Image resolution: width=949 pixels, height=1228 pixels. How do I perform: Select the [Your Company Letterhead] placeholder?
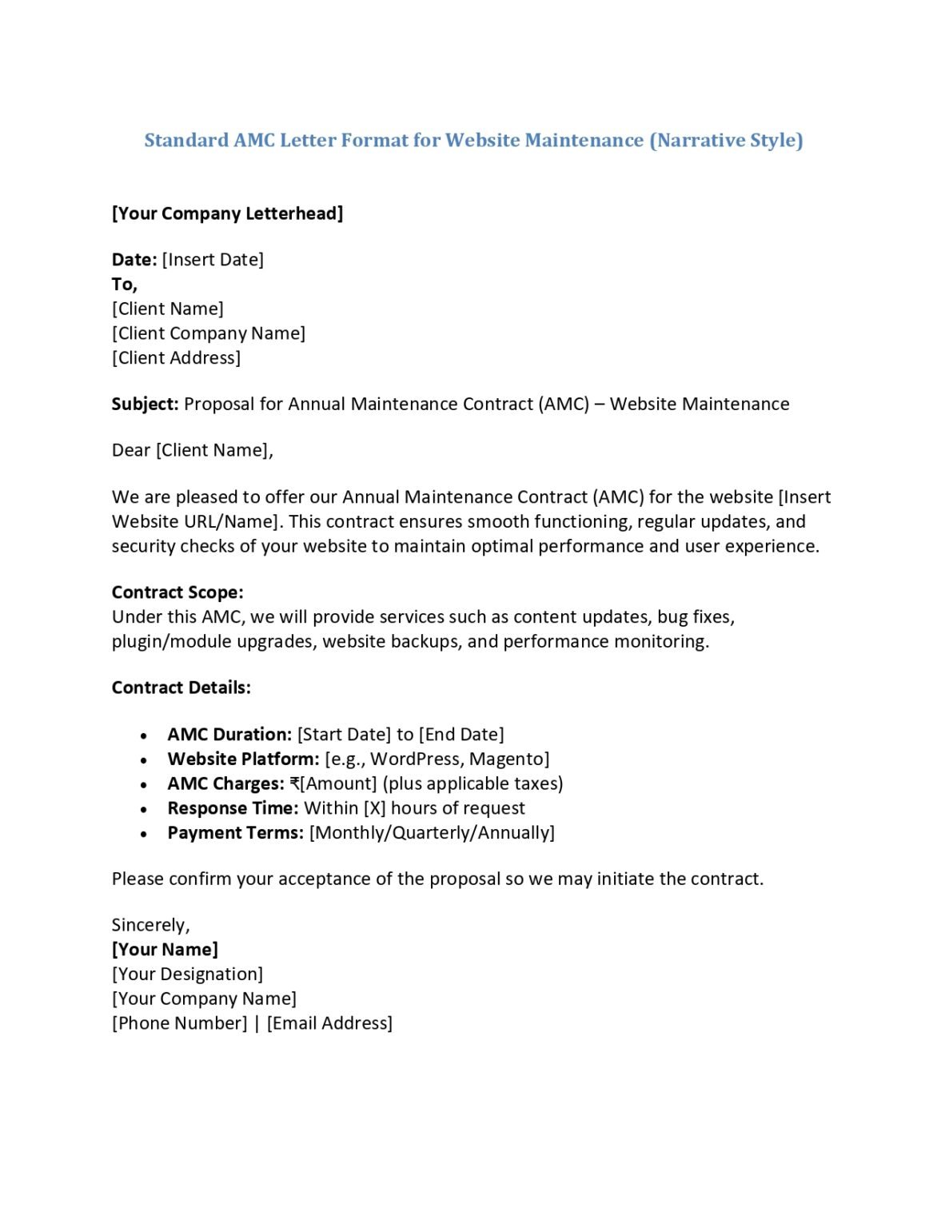pyautogui.click(x=227, y=213)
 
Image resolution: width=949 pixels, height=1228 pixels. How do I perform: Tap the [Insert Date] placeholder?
pyautogui.click(x=213, y=260)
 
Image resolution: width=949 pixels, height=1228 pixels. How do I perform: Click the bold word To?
pyautogui.click(x=125, y=285)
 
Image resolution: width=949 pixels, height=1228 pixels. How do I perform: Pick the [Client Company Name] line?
pyautogui.click(x=209, y=333)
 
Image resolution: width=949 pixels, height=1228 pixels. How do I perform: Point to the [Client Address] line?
pyautogui.click(x=176, y=358)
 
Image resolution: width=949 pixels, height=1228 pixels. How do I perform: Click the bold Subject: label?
pyautogui.click(x=145, y=405)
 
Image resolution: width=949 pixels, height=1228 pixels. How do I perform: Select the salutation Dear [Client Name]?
pyautogui.click(x=192, y=451)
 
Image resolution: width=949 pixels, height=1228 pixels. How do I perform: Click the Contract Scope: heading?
pyautogui.click(x=177, y=592)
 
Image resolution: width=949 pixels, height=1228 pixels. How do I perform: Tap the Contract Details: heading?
pyautogui.click(x=181, y=688)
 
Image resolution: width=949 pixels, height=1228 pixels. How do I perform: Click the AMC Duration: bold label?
pyautogui.click(x=229, y=735)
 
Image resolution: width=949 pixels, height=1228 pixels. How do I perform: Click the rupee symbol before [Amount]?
pyautogui.click(x=294, y=784)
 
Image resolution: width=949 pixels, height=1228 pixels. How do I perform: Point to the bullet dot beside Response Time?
pyautogui.click(x=144, y=810)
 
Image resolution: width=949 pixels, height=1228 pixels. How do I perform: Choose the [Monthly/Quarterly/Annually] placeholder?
pyautogui.click(x=432, y=833)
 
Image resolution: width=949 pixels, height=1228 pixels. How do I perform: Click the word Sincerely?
pyautogui.click(x=150, y=926)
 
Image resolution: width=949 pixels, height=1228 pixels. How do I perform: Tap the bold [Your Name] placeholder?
pyautogui.click(x=165, y=950)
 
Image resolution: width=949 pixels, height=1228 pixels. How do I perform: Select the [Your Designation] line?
pyautogui.click(x=187, y=975)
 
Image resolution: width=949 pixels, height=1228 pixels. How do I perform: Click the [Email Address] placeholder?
pyautogui.click(x=329, y=1023)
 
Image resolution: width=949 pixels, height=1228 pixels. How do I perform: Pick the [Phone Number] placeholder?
pyautogui.click(x=180, y=1023)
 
